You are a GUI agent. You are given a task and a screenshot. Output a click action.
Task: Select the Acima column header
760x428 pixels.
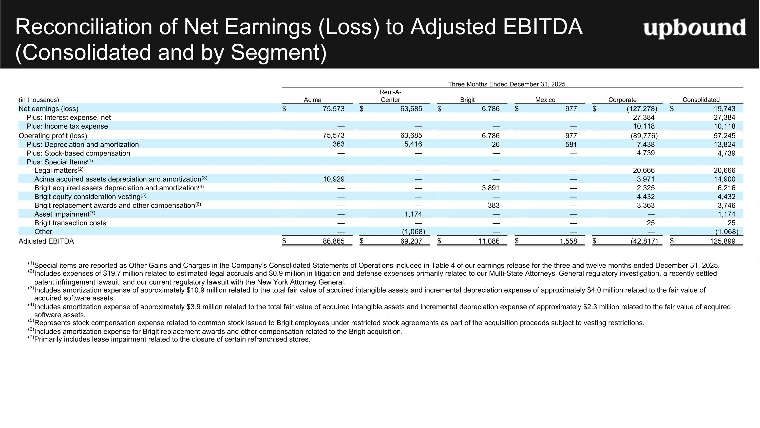(x=312, y=100)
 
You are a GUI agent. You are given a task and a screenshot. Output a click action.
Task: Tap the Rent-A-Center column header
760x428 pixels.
(x=390, y=96)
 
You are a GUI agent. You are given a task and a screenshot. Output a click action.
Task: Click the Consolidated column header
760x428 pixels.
(x=701, y=100)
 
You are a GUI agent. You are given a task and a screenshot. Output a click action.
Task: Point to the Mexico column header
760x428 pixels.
(x=545, y=100)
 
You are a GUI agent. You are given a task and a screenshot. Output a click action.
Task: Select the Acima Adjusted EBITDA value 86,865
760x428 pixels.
(x=334, y=241)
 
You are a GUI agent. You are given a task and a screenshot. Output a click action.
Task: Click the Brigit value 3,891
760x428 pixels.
(x=491, y=188)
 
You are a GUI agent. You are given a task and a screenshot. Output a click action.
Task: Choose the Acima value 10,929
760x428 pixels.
(x=334, y=179)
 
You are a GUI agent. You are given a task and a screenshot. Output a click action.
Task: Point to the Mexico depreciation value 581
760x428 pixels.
(x=571, y=144)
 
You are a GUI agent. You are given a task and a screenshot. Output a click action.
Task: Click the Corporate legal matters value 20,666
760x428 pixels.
(x=644, y=170)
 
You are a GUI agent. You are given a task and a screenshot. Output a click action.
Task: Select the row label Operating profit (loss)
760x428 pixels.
(x=53, y=136)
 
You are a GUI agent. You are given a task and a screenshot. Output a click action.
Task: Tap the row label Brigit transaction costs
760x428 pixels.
(x=70, y=223)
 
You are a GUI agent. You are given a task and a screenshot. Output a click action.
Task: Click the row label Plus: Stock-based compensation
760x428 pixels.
(x=78, y=153)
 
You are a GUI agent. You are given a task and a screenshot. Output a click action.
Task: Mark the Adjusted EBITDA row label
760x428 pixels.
(x=46, y=241)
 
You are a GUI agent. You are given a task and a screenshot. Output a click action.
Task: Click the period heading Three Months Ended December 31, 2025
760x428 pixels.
(x=507, y=84)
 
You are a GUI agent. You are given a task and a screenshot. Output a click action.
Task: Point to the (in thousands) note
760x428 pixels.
(x=39, y=100)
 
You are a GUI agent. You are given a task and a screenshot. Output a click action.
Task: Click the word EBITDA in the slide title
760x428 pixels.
(x=543, y=27)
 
